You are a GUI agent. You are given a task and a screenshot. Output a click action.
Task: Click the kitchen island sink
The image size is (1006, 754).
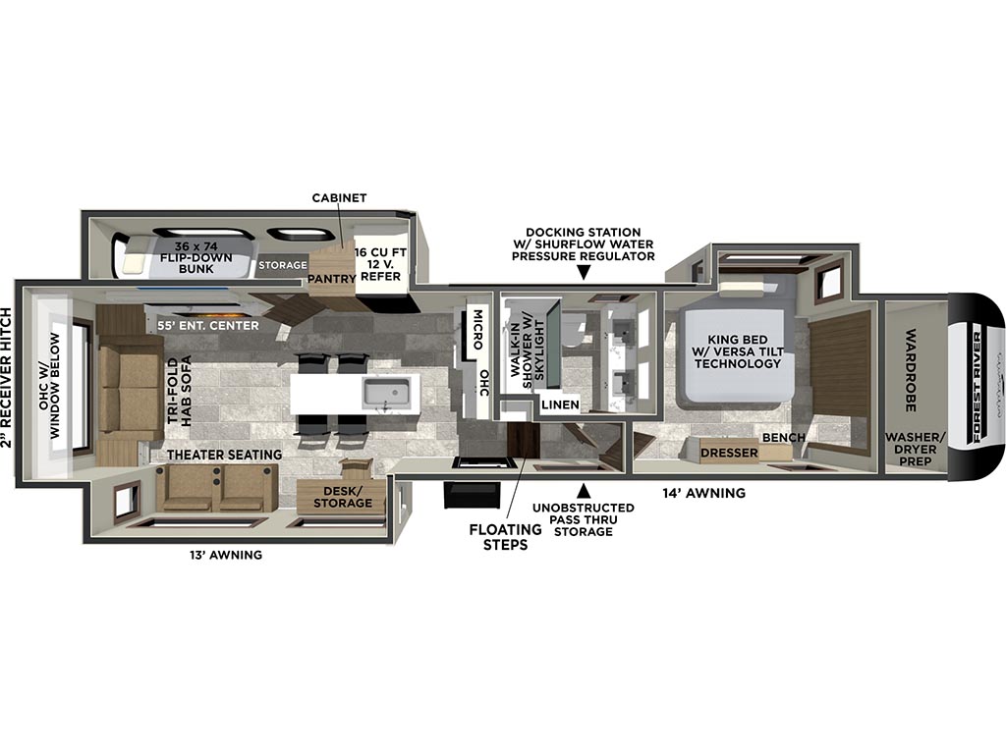[385, 393]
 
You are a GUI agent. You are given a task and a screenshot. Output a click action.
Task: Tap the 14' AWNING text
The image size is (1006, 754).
[704, 493]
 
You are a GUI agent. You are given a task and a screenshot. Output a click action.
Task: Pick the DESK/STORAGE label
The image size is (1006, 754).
[342, 496]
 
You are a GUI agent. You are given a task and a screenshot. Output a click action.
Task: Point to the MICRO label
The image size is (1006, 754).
[476, 331]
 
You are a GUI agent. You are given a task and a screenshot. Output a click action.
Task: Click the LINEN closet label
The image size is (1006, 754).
[559, 404]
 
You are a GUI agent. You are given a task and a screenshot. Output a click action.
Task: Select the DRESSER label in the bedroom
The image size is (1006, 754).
[728, 453]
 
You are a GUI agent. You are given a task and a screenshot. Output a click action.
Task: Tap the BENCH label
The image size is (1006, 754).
[783, 437]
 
